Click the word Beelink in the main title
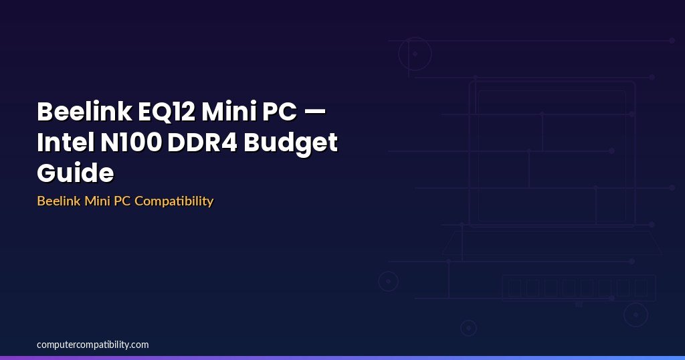[x=85, y=111]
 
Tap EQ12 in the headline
[x=167, y=111]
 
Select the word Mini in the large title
[x=229, y=111]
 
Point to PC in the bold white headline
[x=280, y=111]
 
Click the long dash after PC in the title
[x=314, y=112]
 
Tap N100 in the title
[x=131, y=142]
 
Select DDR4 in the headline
[x=202, y=142]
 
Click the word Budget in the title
[x=290, y=143]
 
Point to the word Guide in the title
[x=76, y=173]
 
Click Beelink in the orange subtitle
[x=59, y=201]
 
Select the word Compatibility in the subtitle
[x=174, y=201]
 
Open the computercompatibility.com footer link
[x=92, y=345]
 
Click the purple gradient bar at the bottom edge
[x=342, y=358]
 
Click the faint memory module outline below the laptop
[x=579, y=275]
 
